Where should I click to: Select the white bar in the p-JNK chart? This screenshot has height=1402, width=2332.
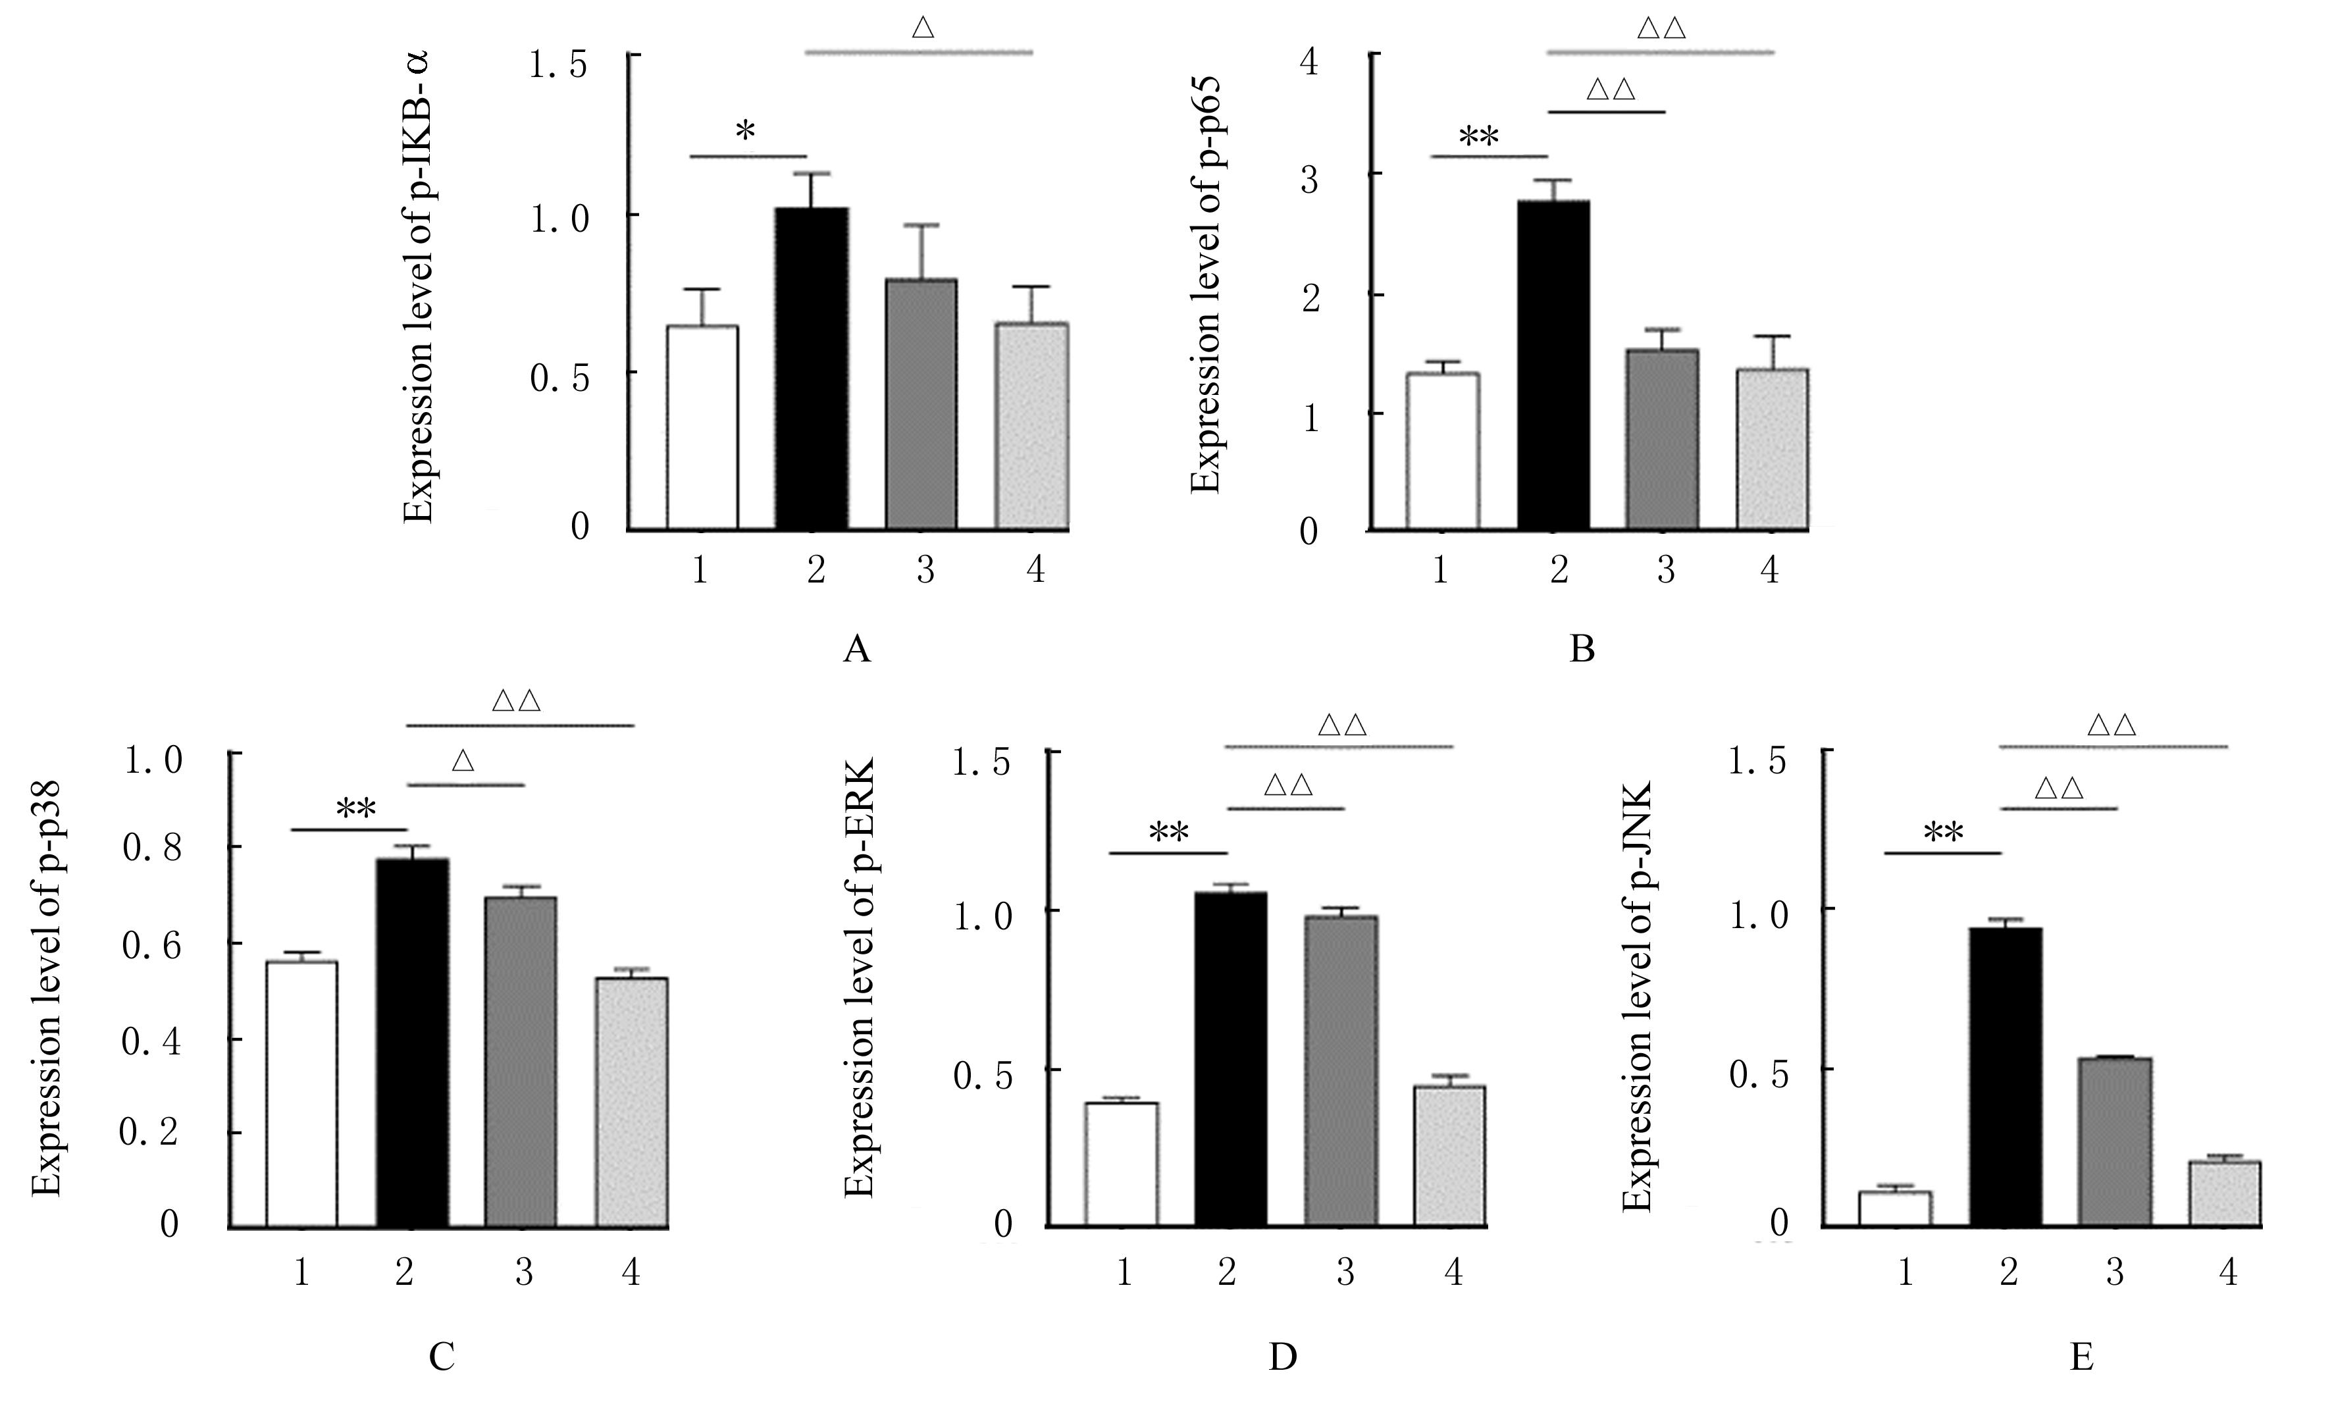(1895, 1208)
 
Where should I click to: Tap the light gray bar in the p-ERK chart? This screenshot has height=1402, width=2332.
(1450, 1156)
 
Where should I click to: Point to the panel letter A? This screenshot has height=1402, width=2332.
(856, 650)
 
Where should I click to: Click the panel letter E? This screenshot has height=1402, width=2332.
(2081, 1358)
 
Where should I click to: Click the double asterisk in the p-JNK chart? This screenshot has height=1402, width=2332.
(1943, 833)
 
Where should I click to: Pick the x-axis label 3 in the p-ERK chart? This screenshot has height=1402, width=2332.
(1345, 1272)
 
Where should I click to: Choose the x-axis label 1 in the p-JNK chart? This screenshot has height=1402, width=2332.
(1904, 1272)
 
